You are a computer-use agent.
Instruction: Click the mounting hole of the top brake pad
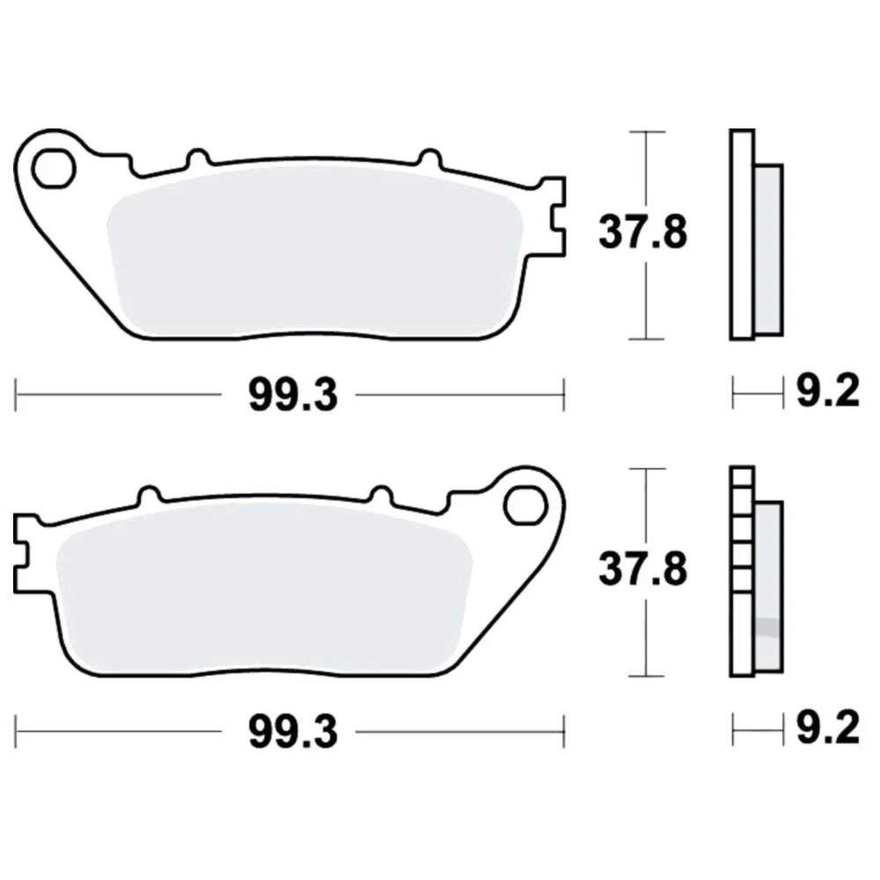pyautogui.click(x=54, y=168)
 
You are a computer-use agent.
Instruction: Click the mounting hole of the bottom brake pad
pyautogui.click(x=525, y=505)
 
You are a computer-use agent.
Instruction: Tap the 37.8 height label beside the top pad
pyautogui.click(x=642, y=232)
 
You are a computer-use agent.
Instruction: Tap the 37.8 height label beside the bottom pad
pyautogui.click(x=642, y=569)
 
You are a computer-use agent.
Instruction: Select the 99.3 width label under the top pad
pyautogui.click(x=294, y=395)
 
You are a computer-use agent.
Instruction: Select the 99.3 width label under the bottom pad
pyautogui.click(x=294, y=732)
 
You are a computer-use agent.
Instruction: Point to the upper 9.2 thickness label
pyautogui.click(x=828, y=392)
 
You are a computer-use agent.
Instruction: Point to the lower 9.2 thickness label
pyautogui.click(x=828, y=728)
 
